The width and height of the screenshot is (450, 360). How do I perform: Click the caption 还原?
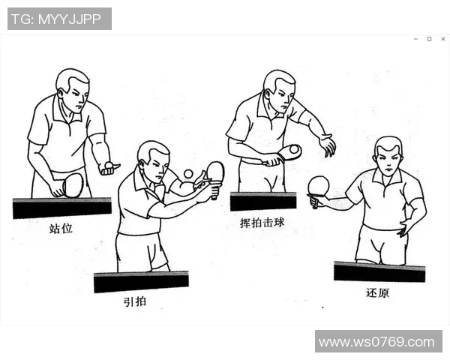[x=377, y=292]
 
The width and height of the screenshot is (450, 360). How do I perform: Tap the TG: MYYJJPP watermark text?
[x=59, y=19]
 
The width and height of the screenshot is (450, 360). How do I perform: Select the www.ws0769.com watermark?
[x=377, y=342]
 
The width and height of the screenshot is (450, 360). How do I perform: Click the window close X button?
[x=441, y=38]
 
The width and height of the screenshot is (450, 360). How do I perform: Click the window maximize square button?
[x=429, y=38]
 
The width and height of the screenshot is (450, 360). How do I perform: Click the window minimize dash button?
[x=416, y=38]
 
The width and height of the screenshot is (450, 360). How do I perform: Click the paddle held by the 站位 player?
[x=72, y=184]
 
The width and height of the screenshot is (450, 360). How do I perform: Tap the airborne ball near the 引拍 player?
[x=187, y=174]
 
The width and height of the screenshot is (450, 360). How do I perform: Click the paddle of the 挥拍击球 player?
[x=288, y=152]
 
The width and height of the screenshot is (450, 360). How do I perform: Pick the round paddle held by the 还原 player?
[x=319, y=185]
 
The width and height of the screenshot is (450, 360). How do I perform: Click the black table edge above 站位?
[x=61, y=207]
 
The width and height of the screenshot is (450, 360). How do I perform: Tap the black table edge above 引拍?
[x=141, y=281]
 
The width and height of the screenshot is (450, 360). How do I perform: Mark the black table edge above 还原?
[x=379, y=271]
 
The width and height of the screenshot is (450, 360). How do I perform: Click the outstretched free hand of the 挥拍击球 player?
[x=327, y=145]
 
